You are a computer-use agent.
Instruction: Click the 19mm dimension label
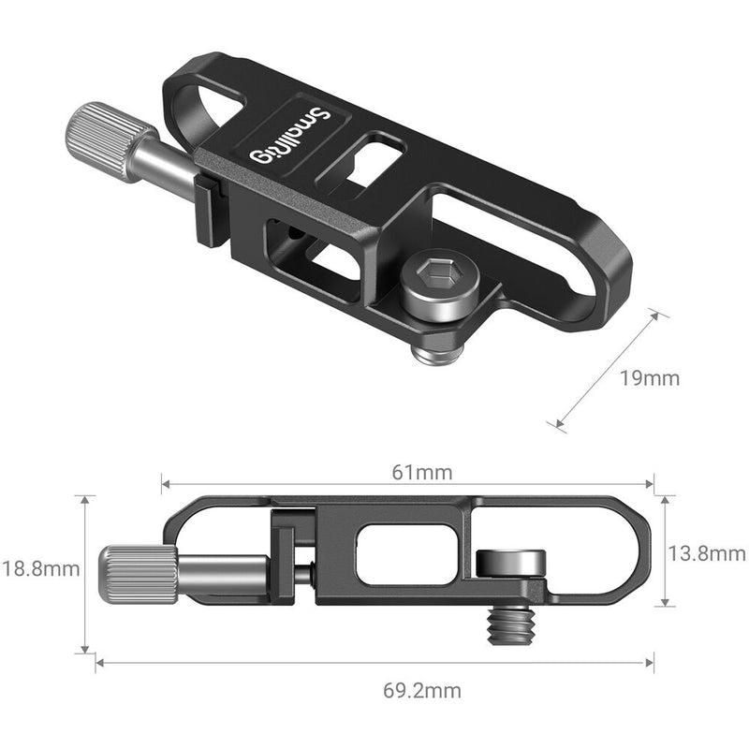coord(651,379)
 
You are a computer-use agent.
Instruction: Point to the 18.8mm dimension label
coord(39,568)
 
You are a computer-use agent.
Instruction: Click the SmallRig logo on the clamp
coord(289,138)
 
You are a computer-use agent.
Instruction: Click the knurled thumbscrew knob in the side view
coord(140,572)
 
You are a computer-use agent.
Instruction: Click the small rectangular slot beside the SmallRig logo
coord(379,151)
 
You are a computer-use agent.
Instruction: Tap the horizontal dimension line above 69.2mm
coord(374,663)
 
